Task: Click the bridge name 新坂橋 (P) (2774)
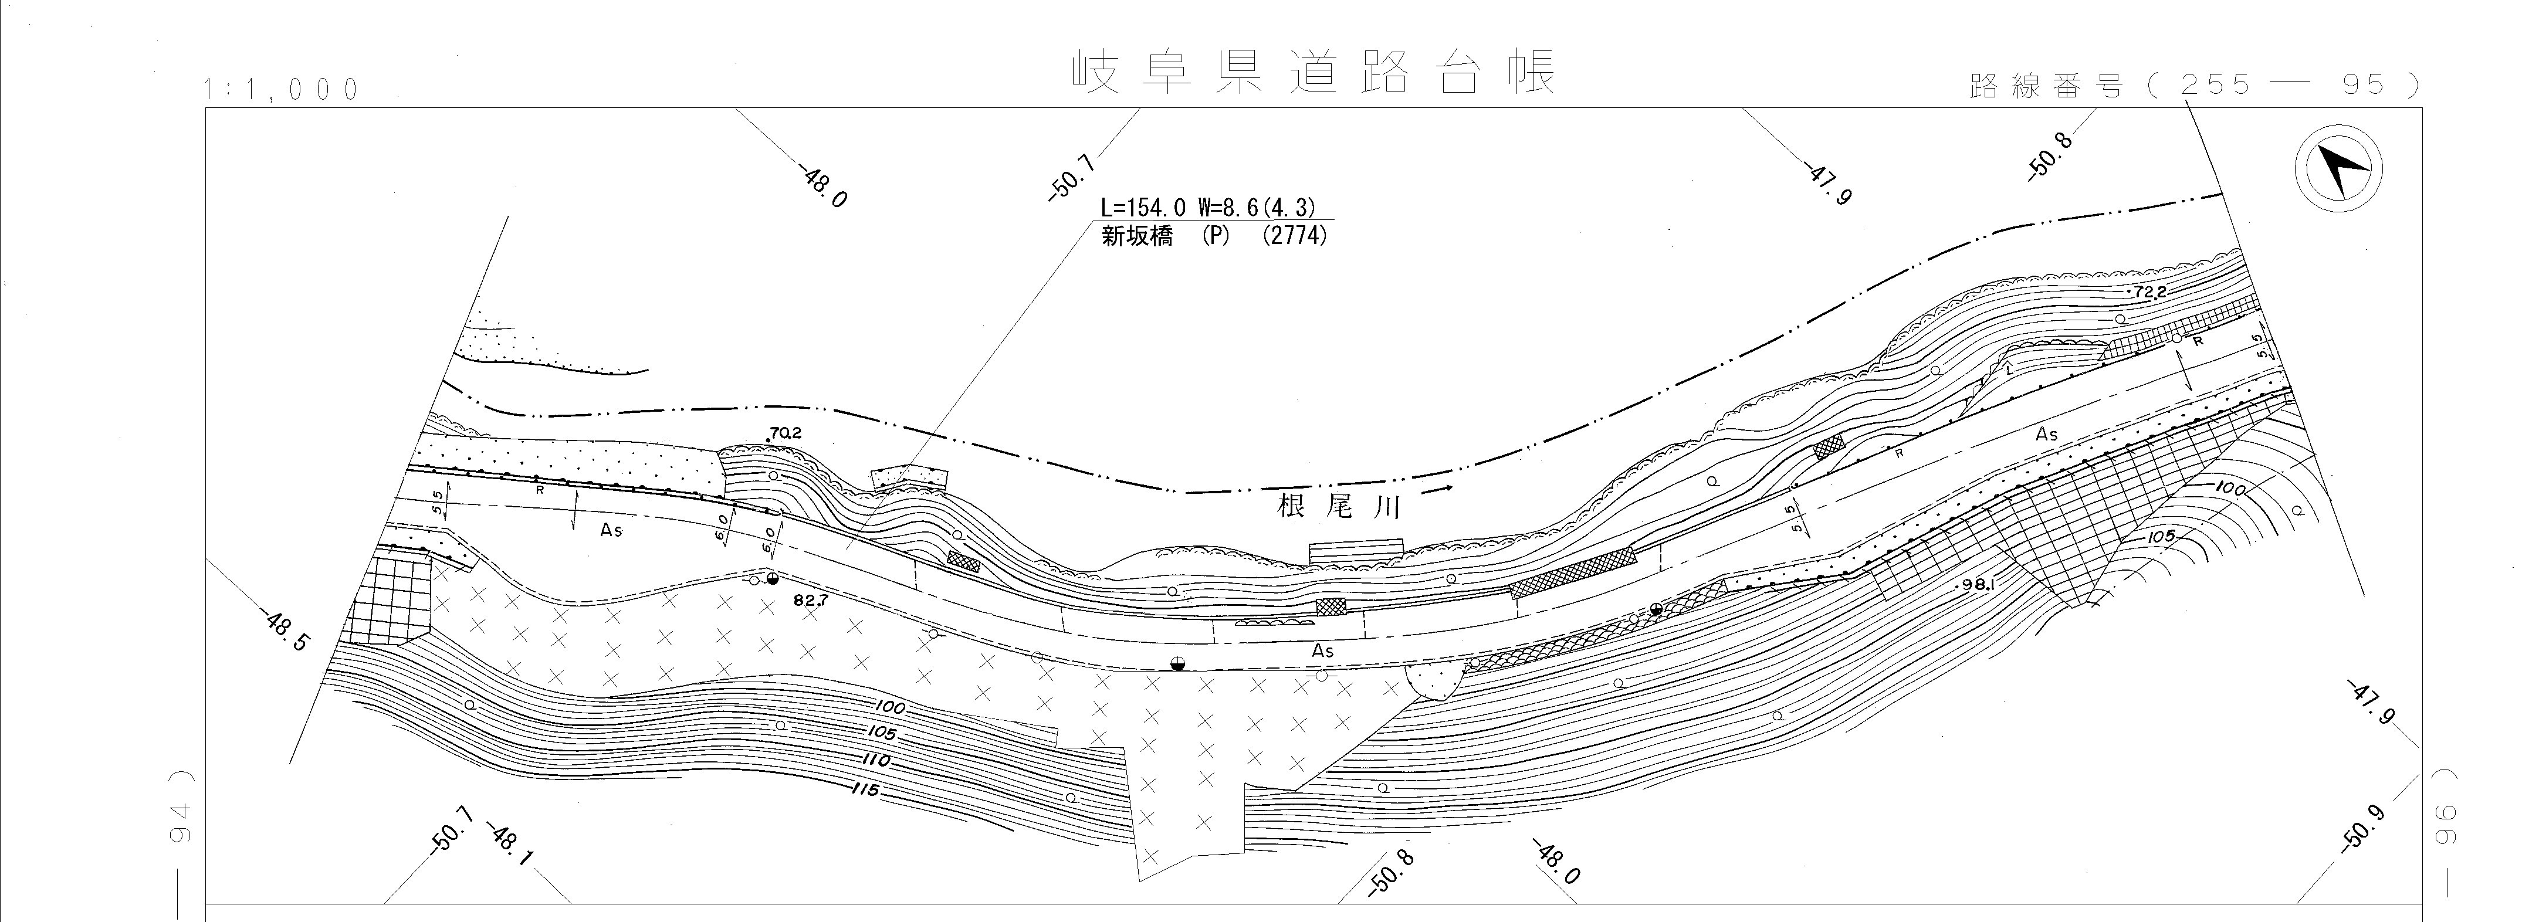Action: (x=1214, y=236)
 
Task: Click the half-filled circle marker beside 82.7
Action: (x=773, y=579)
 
